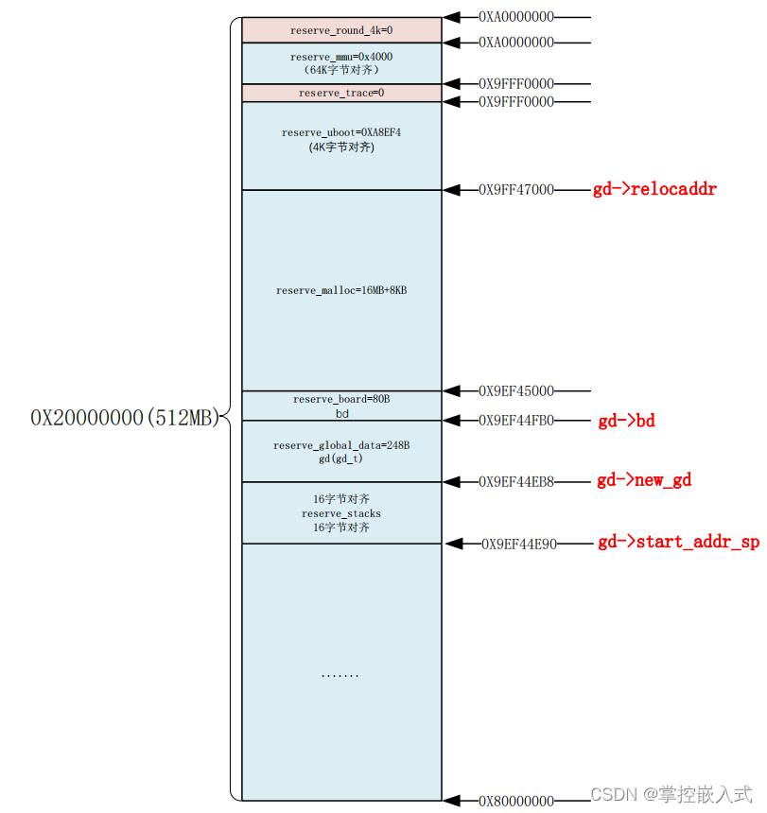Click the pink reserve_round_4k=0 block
[x=341, y=30]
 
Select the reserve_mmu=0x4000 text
[x=341, y=57]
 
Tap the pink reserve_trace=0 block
[x=341, y=93]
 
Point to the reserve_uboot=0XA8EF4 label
[x=341, y=132]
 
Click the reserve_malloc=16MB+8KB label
[x=341, y=290]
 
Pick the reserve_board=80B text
[x=341, y=400]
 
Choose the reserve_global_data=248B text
[x=341, y=445]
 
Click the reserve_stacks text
[x=341, y=513]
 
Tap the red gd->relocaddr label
[x=654, y=189]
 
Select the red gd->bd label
[x=626, y=421]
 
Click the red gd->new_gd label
[x=643, y=480]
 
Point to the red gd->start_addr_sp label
[x=678, y=543]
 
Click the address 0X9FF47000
[x=515, y=190]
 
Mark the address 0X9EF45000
[x=515, y=390]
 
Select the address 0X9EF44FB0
[x=515, y=421]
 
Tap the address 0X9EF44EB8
[x=515, y=481]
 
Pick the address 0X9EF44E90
[x=519, y=544]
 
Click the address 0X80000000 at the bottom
[x=515, y=801]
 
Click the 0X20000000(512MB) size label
[x=125, y=418]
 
